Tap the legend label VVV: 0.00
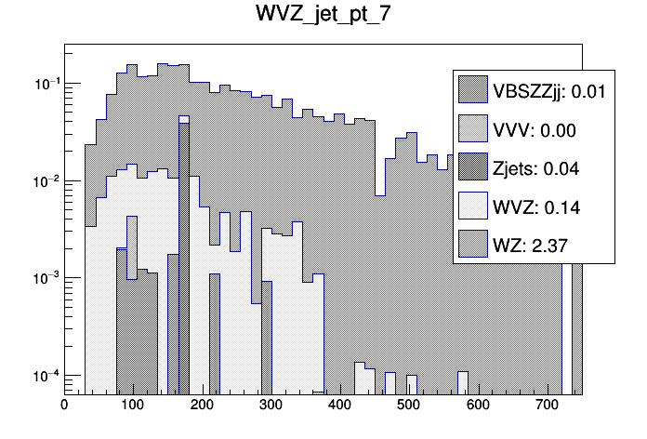pos(534,129)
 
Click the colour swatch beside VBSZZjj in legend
pos(473,90)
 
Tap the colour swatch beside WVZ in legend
pos(473,207)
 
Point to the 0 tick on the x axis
pos(64,406)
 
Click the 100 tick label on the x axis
pos(133,406)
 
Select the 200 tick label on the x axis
pos(202,406)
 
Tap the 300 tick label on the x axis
pos(271,406)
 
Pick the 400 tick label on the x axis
pos(340,406)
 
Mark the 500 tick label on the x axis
pos(409,406)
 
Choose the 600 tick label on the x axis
pos(478,406)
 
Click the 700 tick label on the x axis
pos(547,406)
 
